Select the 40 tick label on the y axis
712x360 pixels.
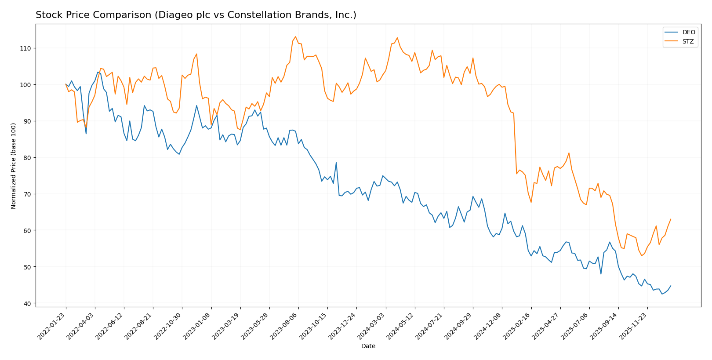pos(28,303)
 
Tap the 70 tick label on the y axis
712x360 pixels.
pos(28,194)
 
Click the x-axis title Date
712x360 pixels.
pos(368,346)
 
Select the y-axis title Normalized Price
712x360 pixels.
pos(14,166)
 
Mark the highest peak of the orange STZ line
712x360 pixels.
pos(295,36)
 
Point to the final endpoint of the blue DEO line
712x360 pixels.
pos(671,286)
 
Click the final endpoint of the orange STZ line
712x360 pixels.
pos(671,219)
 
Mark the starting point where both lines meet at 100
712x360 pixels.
pos(66,84)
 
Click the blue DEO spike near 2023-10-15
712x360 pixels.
pos(336,163)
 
